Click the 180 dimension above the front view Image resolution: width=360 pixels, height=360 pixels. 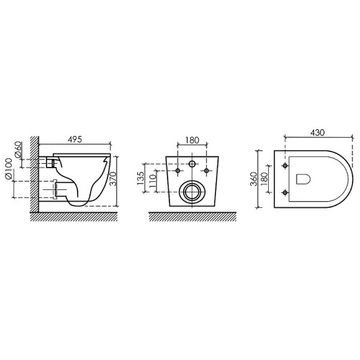tap(192, 140)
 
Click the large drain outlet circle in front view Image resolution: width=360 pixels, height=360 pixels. tap(191, 192)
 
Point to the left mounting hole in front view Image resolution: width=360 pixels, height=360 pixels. tap(178, 170)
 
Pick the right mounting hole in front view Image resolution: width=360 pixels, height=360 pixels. tap(204, 170)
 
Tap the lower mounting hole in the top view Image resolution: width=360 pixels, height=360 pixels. tap(285, 189)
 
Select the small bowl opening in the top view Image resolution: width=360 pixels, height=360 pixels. tap(304, 179)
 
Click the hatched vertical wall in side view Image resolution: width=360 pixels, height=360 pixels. tap(34, 177)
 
